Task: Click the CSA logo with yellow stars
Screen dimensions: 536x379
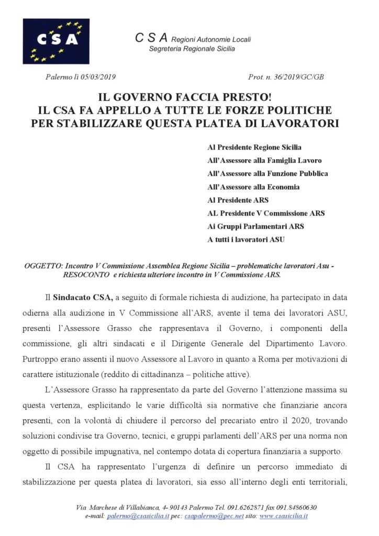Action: click(56, 41)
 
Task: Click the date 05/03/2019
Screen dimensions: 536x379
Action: click(98, 77)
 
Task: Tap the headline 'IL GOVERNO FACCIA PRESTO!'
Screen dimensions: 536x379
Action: click(189, 98)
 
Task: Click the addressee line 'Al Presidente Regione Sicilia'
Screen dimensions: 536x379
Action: click(254, 148)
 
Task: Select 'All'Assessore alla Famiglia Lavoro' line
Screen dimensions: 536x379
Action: click(264, 161)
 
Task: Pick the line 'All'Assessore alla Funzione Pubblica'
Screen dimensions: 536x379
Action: click(267, 174)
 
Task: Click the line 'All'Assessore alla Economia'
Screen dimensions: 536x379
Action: click(253, 187)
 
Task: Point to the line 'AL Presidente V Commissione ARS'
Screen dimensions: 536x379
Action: click(266, 213)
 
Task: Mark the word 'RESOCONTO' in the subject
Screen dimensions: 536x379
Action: click(86, 274)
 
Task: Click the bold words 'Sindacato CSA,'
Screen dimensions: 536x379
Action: click(83, 297)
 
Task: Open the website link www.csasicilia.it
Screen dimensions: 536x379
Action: click(283, 516)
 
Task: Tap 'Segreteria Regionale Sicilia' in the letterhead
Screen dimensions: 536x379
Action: click(192, 49)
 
